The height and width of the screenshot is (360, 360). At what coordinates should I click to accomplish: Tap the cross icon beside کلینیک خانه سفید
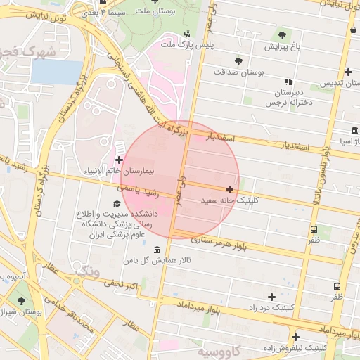tap(230, 189)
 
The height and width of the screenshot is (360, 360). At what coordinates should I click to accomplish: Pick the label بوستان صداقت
tap(238, 72)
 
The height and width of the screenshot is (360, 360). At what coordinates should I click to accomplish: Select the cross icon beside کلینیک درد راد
tap(271, 297)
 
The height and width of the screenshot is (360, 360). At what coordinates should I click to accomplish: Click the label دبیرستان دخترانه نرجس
tap(288, 98)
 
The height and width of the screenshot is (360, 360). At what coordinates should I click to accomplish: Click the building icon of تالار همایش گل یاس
tap(156, 250)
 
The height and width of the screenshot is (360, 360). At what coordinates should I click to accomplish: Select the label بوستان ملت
tap(153, 12)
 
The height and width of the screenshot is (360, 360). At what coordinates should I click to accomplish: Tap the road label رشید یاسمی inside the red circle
tap(138, 191)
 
